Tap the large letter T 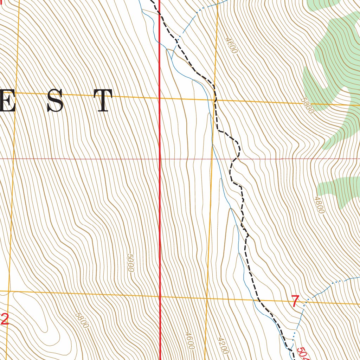point(103,101)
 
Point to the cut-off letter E point(8,101)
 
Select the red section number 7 point(296,301)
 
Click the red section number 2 point(4,320)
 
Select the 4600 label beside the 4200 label point(189,340)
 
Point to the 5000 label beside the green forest point(307,105)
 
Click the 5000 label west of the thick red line point(130,263)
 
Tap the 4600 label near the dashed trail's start point(231,45)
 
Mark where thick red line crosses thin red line point(160,159)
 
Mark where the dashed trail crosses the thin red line point(236,159)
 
